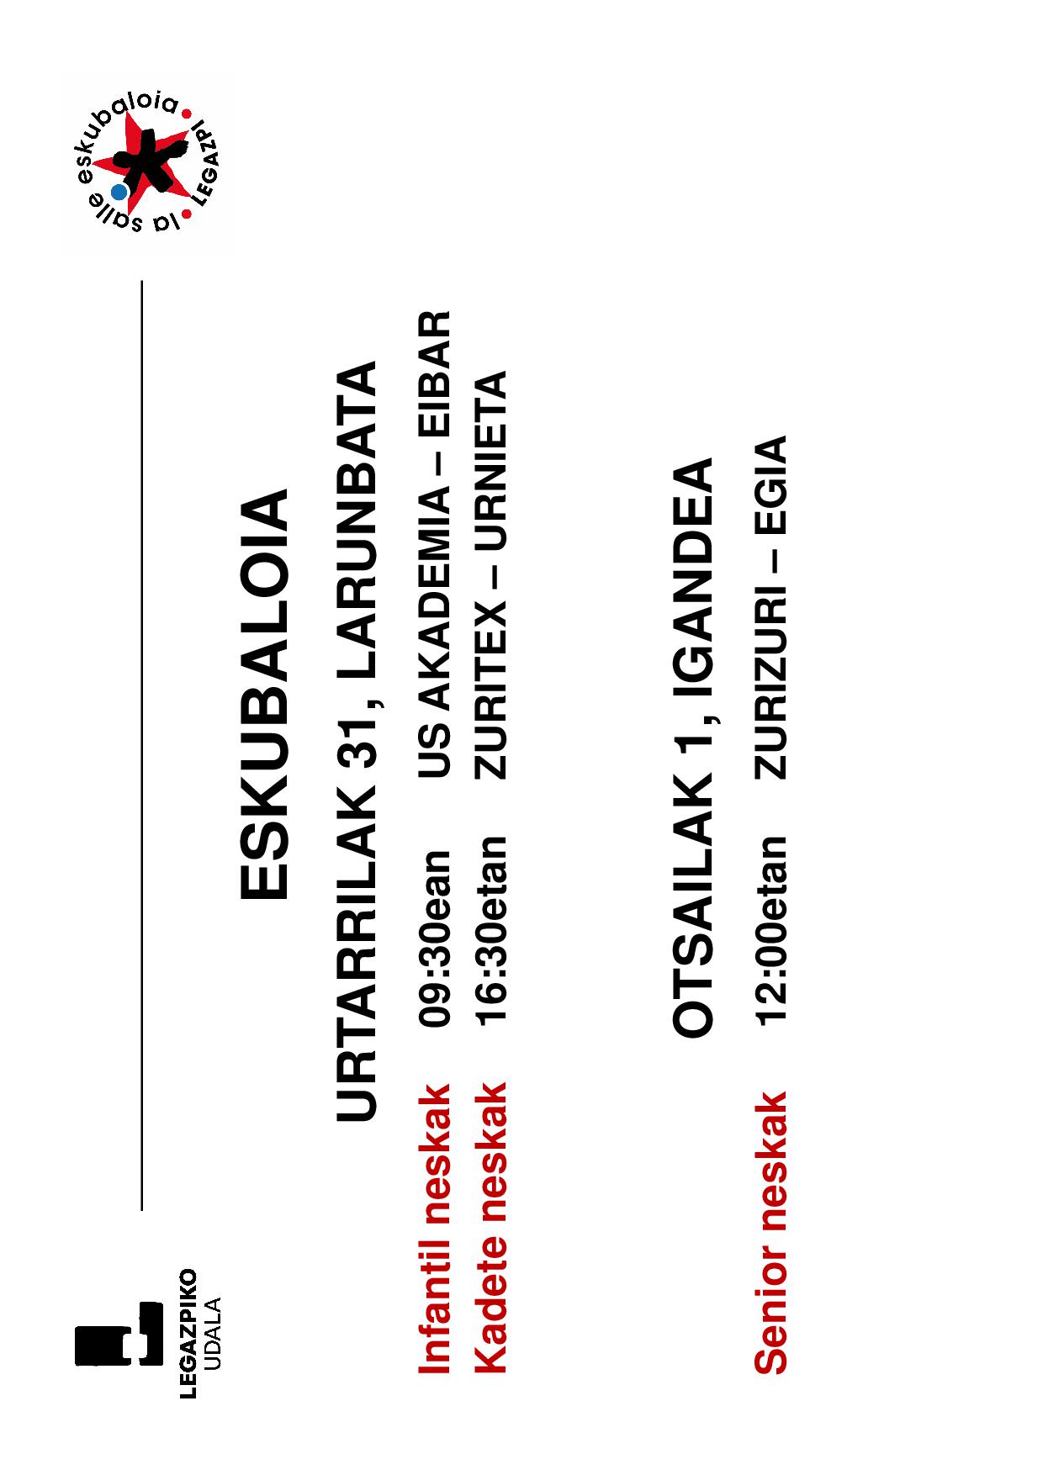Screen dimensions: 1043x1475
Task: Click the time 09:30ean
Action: tap(437, 938)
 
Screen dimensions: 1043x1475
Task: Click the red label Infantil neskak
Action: tap(435, 1229)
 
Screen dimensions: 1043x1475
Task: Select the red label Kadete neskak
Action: tap(491, 1229)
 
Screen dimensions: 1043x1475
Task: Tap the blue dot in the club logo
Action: tap(119, 192)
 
